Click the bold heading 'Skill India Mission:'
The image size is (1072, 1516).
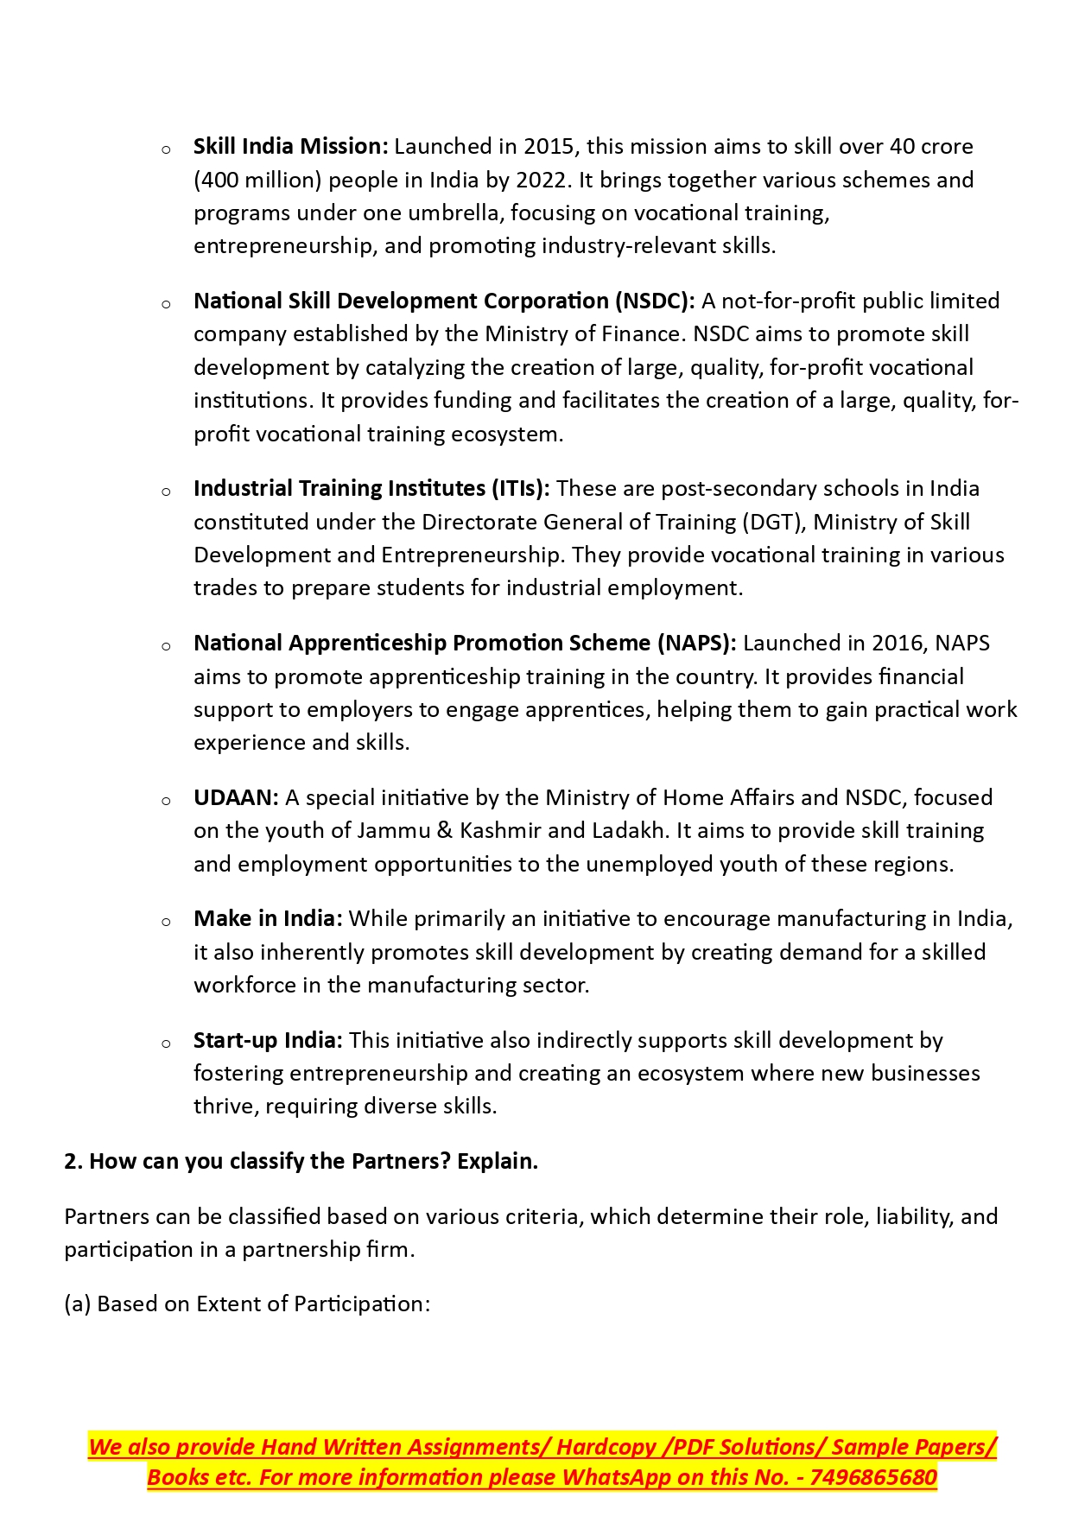[x=291, y=147]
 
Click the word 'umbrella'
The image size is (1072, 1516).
[x=453, y=213]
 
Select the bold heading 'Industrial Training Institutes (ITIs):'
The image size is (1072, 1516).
[x=371, y=489]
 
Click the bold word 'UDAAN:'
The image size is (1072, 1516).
[x=236, y=798]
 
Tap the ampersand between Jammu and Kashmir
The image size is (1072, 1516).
[x=445, y=831]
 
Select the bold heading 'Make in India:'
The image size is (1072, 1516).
[x=268, y=919]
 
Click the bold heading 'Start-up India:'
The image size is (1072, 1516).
[x=268, y=1041]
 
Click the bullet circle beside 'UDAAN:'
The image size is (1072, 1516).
[x=166, y=801]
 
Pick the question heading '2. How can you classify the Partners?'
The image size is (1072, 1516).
[x=301, y=1162]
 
